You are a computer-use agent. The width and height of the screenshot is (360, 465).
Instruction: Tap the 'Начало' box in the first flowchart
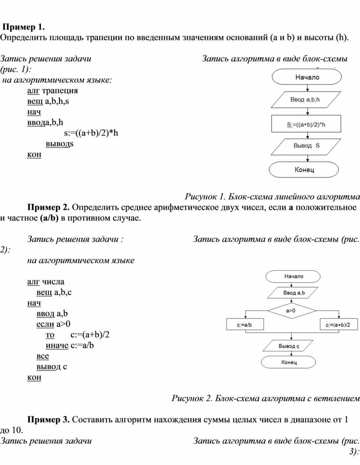(x=307, y=77)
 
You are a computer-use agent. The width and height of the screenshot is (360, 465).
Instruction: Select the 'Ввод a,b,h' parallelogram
(x=305, y=100)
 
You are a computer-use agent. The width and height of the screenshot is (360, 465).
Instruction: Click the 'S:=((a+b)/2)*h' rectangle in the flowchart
(x=305, y=124)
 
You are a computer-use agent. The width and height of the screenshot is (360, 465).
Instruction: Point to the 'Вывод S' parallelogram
(x=305, y=146)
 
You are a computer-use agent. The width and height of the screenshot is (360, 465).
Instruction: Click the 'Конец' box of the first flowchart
(x=304, y=169)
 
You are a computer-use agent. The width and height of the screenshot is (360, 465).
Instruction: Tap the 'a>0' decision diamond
(x=291, y=311)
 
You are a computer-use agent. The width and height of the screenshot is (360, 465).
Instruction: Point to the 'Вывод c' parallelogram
(x=289, y=346)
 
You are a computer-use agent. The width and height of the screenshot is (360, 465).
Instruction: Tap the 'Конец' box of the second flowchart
(x=289, y=362)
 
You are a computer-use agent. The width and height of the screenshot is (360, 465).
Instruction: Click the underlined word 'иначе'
(x=57, y=345)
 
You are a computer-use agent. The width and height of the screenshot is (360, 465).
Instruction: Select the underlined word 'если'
(x=46, y=324)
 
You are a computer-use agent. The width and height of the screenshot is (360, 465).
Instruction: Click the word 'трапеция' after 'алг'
(x=60, y=91)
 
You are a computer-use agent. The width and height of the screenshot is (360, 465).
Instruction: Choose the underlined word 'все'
(x=43, y=356)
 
